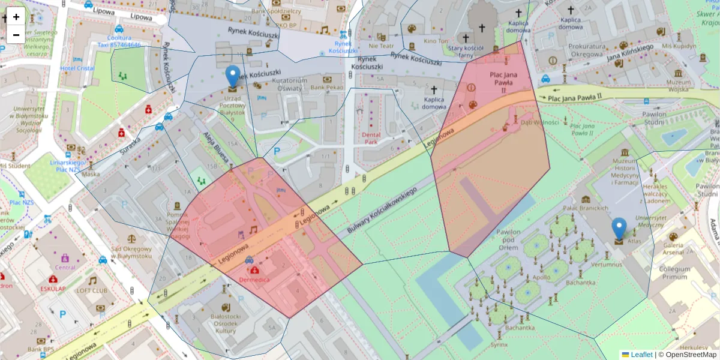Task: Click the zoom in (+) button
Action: (16, 17)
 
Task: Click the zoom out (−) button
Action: (16, 35)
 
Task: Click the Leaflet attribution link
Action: (641, 355)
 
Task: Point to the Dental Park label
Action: (372, 138)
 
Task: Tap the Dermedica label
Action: (254, 280)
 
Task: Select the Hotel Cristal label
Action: (77, 68)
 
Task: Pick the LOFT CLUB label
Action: (91, 291)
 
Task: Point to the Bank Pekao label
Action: (327, 88)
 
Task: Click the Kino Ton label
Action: (436, 41)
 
